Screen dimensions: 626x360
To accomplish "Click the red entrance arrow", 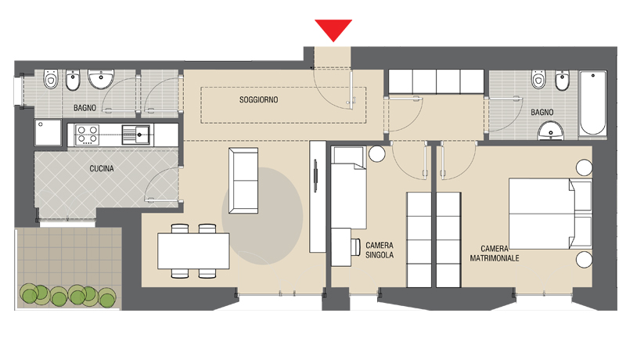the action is point(333,29).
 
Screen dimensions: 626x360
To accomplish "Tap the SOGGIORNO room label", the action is point(259,99).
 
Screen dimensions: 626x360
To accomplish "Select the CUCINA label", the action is point(102,168).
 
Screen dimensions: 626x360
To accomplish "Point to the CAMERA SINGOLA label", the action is point(380,250).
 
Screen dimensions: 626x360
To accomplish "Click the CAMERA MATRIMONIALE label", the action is point(495,254).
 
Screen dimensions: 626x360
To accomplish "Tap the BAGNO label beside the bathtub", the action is point(541,112).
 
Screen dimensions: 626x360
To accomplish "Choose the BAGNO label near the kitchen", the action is point(85,108).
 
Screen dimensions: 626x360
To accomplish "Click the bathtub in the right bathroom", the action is point(593,104).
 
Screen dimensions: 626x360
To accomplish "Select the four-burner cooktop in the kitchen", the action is point(88,135).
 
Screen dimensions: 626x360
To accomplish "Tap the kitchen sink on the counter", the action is point(136,135).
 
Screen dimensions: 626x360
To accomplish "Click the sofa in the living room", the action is point(243,181).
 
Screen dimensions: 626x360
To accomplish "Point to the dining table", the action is point(193,251).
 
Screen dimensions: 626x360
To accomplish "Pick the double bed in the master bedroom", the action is point(550,214).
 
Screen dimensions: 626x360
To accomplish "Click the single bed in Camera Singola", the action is point(348,187).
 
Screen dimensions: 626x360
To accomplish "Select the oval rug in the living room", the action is point(262,215).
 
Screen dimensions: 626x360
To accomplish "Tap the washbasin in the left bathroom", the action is point(101,78).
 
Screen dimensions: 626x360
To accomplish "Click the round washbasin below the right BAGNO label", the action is point(551,131).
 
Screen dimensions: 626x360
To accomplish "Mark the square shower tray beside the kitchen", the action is point(48,132).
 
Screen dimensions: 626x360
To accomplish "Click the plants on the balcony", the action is point(68,296).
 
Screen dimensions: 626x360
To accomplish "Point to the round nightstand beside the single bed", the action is point(376,153).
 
